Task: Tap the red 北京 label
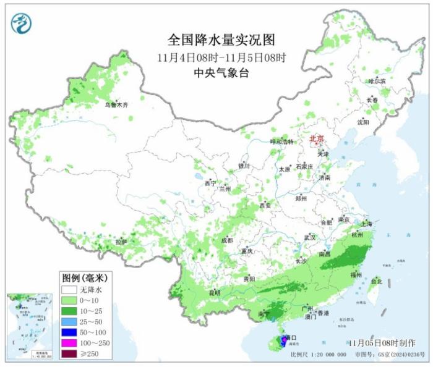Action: point(319,139)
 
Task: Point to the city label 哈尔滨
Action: point(376,81)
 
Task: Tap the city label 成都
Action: point(227,240)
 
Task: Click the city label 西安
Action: point(265,205)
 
